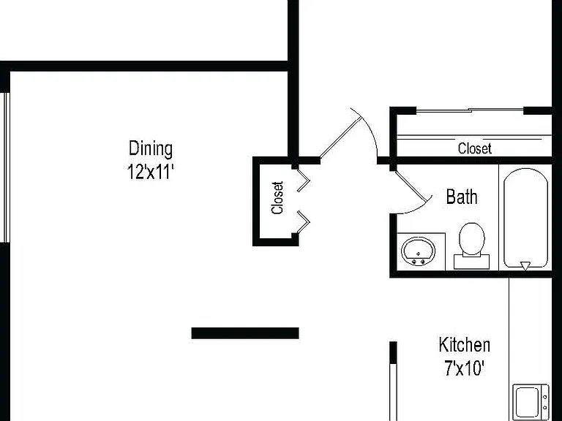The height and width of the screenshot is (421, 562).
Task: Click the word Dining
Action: pyautogui.click(x=151, y=149)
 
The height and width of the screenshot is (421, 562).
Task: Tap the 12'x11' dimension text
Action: pyautogui.click(x=151, y=172)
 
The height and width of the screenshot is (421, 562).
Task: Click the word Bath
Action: pyautogui.click(x=462, y=197)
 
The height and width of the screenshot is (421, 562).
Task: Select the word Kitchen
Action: pyautogui.click(x=465, y=345)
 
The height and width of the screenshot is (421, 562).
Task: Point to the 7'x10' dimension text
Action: pyautogui.click(x=465, y=368)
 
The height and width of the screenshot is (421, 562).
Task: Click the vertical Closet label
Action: pyautogui.click(x=278, y=197)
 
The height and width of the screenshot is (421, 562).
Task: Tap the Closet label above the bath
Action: pyautogui.click(x=474, y=148)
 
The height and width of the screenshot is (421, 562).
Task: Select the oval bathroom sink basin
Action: pyautogui.click(x=419, y=251)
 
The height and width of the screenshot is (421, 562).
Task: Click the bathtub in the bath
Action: pyautogui.click(x=526, y=218)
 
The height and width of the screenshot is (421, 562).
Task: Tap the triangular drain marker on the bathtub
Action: pyautogui.click(x=525, y=266)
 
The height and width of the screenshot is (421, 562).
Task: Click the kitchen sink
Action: pyautogui.click(x=531, y=402)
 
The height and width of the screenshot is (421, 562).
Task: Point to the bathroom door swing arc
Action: pyautogui.click(x=419, y=210)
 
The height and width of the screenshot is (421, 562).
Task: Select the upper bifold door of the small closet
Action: pyautogui.click(x=303, y=181)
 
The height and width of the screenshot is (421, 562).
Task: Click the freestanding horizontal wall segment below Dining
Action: pyautogui.click(x=245, y=333)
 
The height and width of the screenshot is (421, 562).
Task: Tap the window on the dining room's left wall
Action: pyautogui.click(x=5, y=167)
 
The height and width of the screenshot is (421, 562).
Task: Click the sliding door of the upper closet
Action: pyautogui.click(x=470, y=110)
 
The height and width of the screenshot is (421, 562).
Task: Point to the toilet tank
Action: pyautogui.click(x=472, y=262)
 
